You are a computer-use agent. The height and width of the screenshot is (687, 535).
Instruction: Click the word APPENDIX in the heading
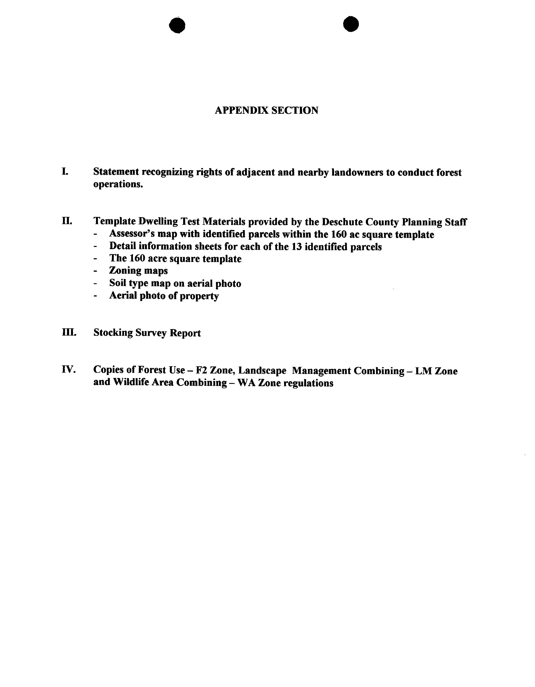pos(241,110)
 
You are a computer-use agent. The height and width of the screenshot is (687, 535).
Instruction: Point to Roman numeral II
pos(67,221)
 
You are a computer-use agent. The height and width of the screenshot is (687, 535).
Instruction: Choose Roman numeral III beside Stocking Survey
pos(69,333)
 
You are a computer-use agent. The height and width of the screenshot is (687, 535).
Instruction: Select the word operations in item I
pos(118,184)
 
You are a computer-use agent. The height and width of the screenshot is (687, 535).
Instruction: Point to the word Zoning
pos(125,271)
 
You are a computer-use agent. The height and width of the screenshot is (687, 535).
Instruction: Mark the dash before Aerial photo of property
pos(95,296)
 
